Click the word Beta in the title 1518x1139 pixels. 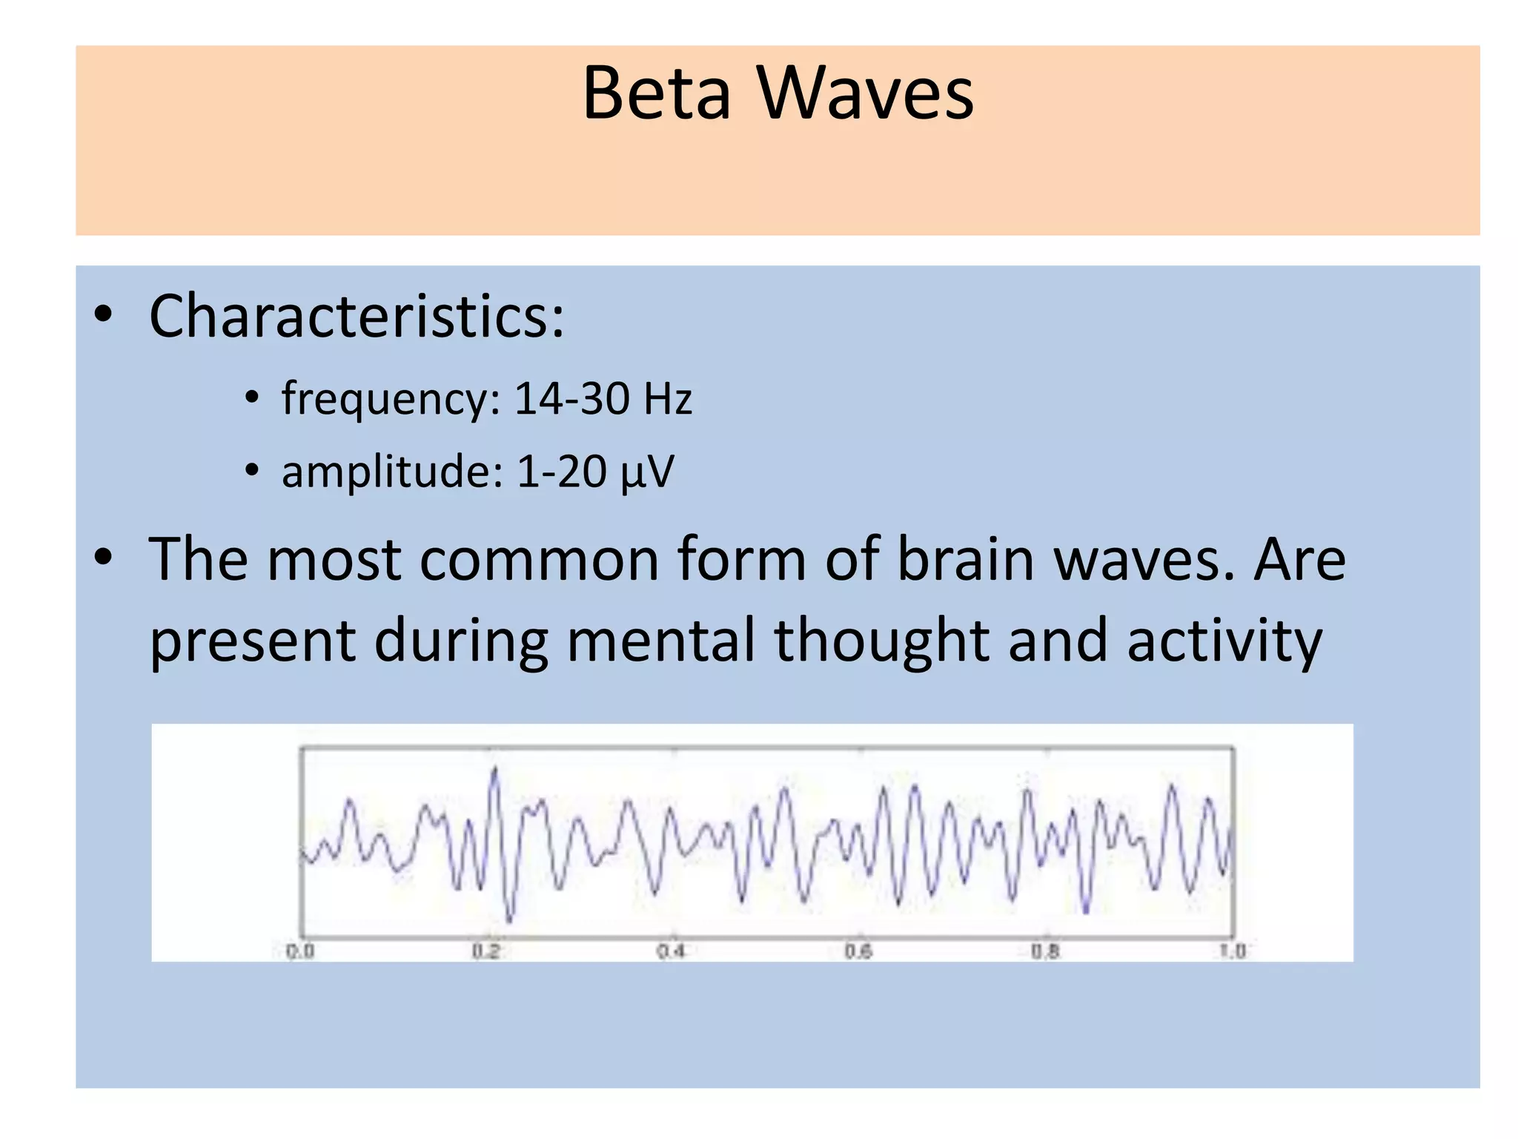coord(656,94)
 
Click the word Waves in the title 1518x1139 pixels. coord(865,94)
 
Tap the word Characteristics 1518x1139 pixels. coord(356,317)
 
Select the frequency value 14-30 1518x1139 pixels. coord(571,398)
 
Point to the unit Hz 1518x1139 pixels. coord(667,398)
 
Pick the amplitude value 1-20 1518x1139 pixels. coord(561,472)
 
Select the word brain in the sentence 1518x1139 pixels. coord(965,560)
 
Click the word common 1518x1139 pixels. coord(539,560)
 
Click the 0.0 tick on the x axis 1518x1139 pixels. coord(300,951)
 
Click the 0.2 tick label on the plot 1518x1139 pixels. coord(486,951)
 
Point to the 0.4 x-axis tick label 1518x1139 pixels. coord(672,951)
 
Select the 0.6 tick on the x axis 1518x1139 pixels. coord(858,951)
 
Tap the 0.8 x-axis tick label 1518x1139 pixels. coord(1045,951)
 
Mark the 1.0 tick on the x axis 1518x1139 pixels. coord(1232,951)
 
